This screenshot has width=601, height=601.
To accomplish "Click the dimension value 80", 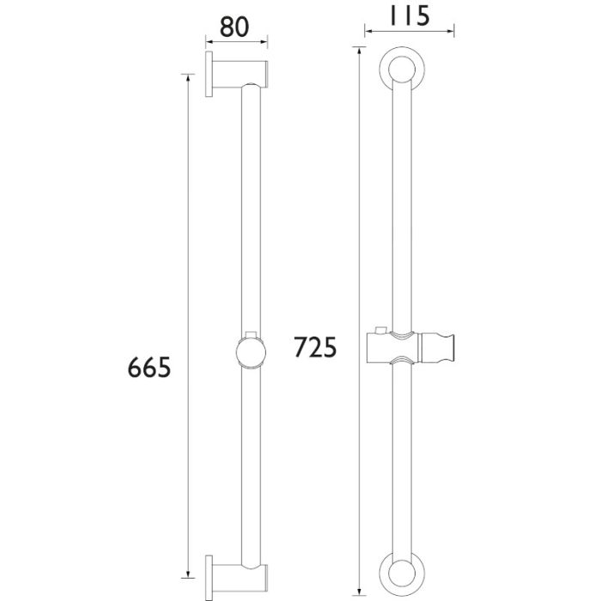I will coord(234,26).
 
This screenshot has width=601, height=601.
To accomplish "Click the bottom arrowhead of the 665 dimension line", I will coord(187,576).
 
